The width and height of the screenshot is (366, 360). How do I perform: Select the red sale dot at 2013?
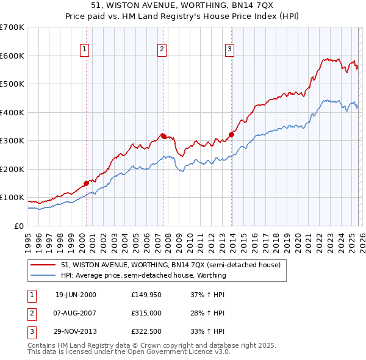(x=232, y=134)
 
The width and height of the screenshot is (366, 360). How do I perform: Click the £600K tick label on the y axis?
(x=12, y=56)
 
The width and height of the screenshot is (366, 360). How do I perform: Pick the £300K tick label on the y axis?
(x=12, y=141)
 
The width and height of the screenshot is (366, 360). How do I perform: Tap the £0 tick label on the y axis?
(x=18, y=226)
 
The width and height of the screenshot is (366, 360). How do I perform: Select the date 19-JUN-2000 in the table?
(x=76, y=295)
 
